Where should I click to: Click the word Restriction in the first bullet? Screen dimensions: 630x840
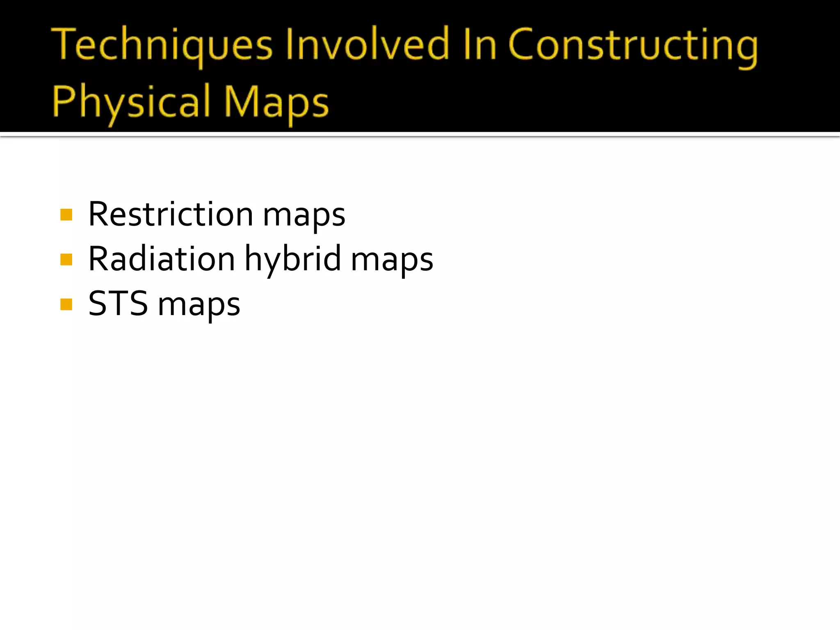[171, 214]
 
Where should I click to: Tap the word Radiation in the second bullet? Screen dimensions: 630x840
[162, 258]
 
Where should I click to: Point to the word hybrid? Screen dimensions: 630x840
[293, 260]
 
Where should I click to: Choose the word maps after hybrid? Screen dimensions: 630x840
[392, 261]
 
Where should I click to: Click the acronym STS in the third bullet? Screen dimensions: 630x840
[118, 303]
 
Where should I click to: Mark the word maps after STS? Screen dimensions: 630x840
[199, 306]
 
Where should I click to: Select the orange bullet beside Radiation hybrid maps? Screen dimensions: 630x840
[66, 260]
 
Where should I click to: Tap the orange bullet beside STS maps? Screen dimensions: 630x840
[66, 304]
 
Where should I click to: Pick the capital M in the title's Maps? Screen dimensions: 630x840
[242, 101]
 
